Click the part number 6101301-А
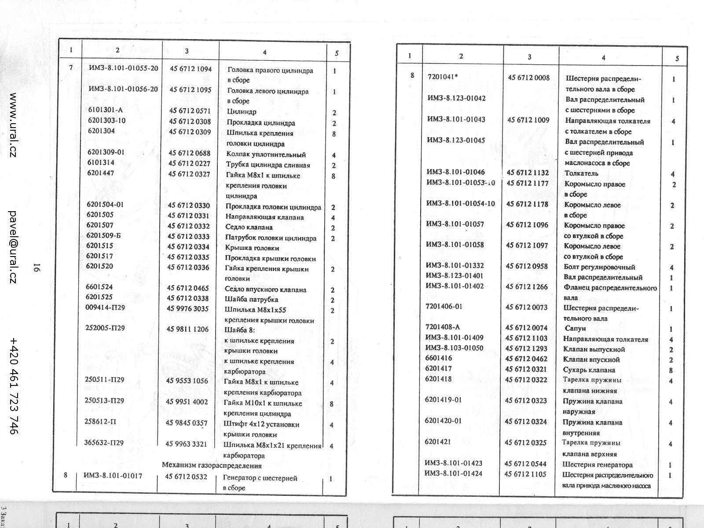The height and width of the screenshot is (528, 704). coord(105,110)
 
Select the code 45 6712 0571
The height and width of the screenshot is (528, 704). coord(190,111)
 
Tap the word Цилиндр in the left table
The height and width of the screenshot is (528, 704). coord(241,112)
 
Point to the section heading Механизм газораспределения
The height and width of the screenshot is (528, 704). coord(212,466)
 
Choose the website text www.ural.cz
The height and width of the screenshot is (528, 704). coord(13,125)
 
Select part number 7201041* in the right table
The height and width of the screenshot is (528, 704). coord(443,77)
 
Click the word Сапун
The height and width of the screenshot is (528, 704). coord(575,328)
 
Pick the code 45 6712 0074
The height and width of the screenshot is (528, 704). coord(526,328)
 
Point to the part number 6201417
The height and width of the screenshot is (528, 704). coord(438,368)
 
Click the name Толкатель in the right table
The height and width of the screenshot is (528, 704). coord(581,173)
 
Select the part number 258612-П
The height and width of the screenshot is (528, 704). coord(100,422)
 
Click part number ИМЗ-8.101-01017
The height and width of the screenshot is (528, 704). coord(113,476)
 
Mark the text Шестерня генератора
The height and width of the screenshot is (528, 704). coord(598,465)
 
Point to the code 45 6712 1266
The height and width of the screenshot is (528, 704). coord(526,287)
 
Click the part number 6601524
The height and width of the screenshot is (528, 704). coord(99,287)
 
